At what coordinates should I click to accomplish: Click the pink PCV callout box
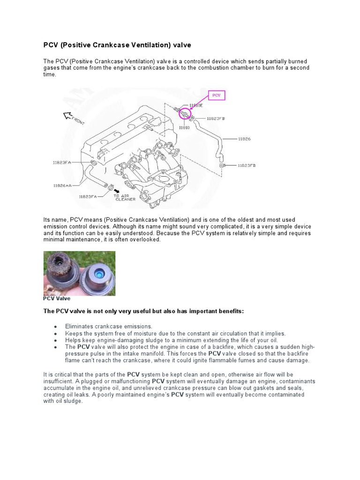click(x=216, y=95)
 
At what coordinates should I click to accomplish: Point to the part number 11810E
click(x=195, y=105)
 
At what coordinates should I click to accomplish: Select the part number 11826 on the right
click(x=244, y=139)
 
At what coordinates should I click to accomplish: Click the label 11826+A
click(x=62, y=185)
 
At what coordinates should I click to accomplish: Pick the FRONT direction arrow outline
click(x=68, y=115)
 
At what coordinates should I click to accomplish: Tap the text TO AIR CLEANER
click(x=125, y=197)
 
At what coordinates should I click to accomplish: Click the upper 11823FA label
click(x=62, y=162)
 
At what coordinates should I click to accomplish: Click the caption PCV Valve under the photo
click(x=57, y=298)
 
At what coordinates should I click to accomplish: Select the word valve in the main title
click(x=181, y=45)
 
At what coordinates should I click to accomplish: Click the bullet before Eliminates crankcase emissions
click(x=56, y=326)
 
